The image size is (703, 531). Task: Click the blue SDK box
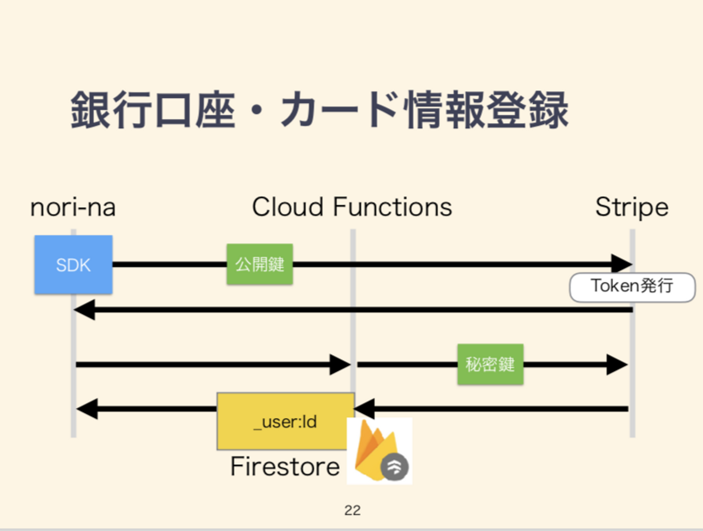(73, 265)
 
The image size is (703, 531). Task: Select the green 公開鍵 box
(260, 264)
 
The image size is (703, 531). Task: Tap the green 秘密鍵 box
(490, 364)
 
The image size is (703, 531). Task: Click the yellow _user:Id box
(286, 421)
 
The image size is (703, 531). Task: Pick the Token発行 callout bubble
(632, 287)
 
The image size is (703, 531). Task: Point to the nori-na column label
(73, 207)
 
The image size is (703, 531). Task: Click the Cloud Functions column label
(352, 207)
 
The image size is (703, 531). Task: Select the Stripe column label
(632, 207)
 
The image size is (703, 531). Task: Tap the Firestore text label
(285, 467)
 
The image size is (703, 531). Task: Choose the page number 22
(352, 510)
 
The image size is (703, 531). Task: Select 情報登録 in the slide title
(487, 110)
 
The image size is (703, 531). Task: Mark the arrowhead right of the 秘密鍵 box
(617, 364)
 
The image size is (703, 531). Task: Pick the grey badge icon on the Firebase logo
(394, 467)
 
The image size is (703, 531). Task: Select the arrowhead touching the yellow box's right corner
(365, 408)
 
